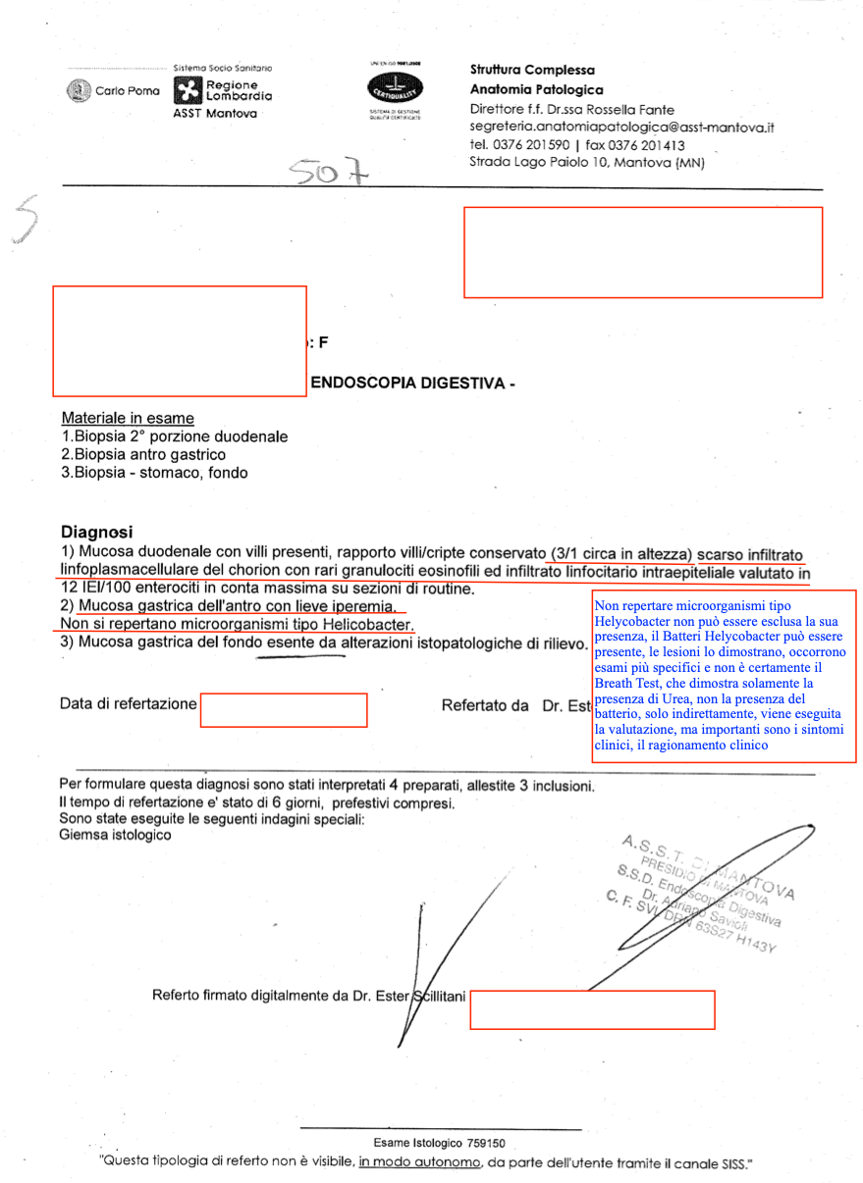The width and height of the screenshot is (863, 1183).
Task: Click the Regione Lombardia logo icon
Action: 187,91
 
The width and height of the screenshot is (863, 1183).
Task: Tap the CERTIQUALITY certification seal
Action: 393,89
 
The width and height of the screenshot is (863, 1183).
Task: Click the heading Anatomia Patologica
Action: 536,89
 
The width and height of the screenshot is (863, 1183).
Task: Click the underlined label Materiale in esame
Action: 128,418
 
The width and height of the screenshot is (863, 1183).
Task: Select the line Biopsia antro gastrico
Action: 143,454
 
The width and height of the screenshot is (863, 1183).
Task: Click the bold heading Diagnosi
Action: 96,532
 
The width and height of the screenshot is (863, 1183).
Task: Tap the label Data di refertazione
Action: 128,703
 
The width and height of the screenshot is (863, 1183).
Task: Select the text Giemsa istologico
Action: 115,835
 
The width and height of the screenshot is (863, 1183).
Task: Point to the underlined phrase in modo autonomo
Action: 420,1163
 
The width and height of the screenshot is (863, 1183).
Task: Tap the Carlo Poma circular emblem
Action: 78,91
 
